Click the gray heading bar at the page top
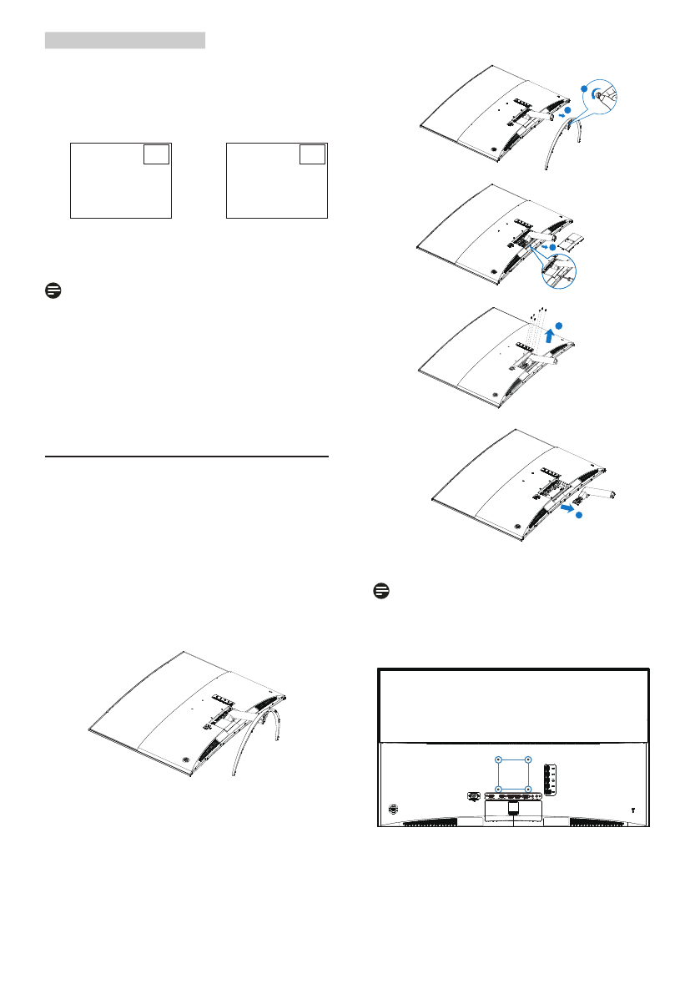(125, 41)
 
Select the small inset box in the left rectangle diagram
(155, 154)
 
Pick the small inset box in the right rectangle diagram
(312, 154)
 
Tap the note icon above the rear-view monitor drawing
(381, 590)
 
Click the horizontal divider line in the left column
(187, 457)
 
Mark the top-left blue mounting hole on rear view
(498, 759)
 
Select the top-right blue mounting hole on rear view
(528, 759)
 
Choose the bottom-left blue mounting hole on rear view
(498, 789)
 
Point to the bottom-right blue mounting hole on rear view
(528, 789)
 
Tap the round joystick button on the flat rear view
(394, 809)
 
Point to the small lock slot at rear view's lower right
(632, 809)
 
